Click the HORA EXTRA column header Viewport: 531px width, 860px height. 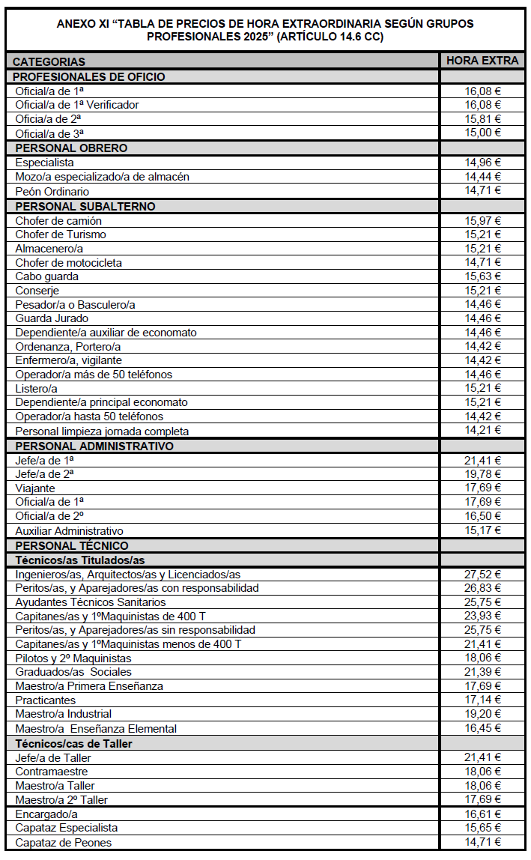click(482, 61)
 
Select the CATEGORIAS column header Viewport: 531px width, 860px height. click(49, 61)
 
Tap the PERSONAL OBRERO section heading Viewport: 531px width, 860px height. click(71, 148)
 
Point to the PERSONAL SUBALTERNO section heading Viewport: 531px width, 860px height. click(85, 206)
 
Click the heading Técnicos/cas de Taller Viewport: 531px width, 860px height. click(74, 743)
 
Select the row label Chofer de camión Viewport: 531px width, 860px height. click(58, 221)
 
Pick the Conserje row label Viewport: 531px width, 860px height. click(37, 291)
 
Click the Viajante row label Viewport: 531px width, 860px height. click(35, 488)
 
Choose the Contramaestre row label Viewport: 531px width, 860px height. click(52, 772)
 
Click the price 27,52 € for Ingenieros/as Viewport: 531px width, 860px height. click(482, 575)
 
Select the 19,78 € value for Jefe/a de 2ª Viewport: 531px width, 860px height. click(482, 474)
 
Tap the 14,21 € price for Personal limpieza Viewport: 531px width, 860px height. click(482, 430)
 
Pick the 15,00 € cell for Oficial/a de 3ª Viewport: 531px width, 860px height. click(482, 133)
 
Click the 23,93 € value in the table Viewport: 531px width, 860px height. click(482, 616)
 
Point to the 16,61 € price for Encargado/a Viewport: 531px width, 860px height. click(482, 814)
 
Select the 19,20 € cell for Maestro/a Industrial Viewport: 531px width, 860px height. click(482, 714)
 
